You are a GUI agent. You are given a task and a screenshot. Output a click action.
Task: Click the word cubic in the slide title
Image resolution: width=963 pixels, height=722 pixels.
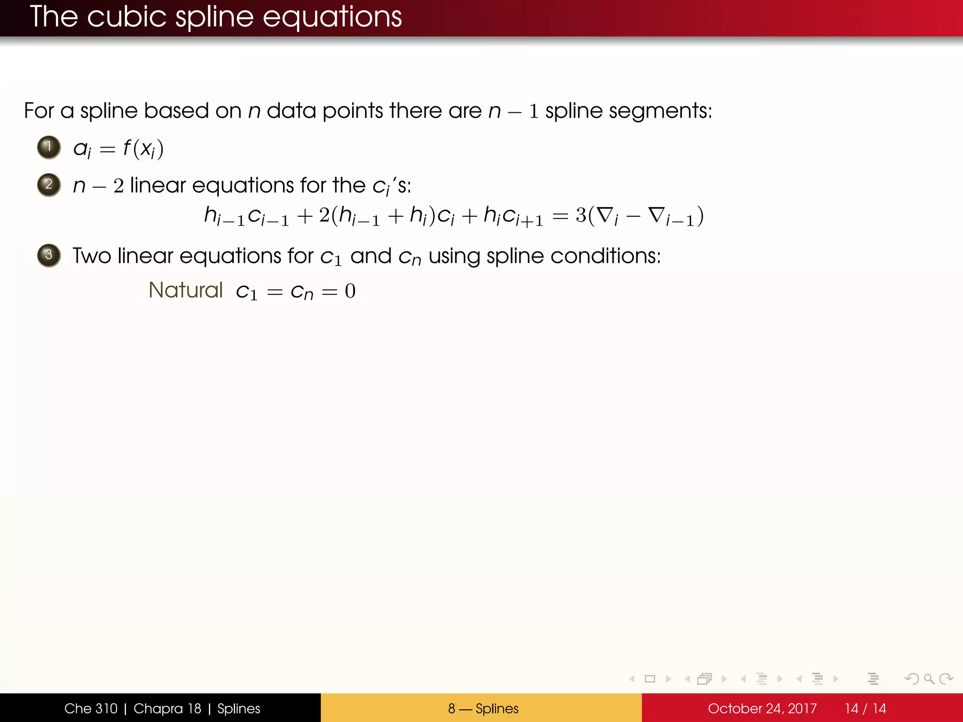click(126, 17)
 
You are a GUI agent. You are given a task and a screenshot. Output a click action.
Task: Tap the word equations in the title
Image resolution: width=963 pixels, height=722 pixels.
click(332, 17)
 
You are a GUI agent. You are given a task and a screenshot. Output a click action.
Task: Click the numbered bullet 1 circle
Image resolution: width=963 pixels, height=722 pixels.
click(49, 147)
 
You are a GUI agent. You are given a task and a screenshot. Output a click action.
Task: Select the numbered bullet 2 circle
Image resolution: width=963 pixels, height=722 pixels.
click(49, 185)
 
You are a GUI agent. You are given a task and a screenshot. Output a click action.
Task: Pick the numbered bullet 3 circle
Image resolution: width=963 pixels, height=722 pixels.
click(49, 255)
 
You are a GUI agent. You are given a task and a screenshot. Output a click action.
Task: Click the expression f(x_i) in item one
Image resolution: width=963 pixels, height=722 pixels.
click(143, 149)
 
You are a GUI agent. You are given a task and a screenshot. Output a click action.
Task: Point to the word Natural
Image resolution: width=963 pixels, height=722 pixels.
click(185, 290)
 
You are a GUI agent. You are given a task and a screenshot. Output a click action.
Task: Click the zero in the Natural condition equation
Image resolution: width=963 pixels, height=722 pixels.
click(350, 291)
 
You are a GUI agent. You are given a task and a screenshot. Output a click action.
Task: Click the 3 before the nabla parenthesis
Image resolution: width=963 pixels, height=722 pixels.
click(581, 215)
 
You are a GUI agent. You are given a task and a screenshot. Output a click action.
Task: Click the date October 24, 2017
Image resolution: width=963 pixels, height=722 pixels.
click(762, 708)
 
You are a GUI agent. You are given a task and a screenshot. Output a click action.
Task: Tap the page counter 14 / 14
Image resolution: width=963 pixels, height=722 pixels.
click(865, 708)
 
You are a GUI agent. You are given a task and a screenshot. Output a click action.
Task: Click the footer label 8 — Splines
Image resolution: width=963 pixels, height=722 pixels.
click(483, 708)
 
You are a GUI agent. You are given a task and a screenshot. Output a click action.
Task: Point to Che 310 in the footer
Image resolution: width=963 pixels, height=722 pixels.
click(91, 708)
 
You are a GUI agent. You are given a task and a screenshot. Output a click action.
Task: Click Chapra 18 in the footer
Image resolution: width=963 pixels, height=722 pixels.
click(167, 708)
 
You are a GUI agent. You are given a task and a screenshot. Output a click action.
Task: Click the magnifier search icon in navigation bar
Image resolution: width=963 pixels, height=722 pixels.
click(929, 679)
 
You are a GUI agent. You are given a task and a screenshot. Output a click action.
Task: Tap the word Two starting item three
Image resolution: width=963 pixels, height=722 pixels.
click(92, 256)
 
